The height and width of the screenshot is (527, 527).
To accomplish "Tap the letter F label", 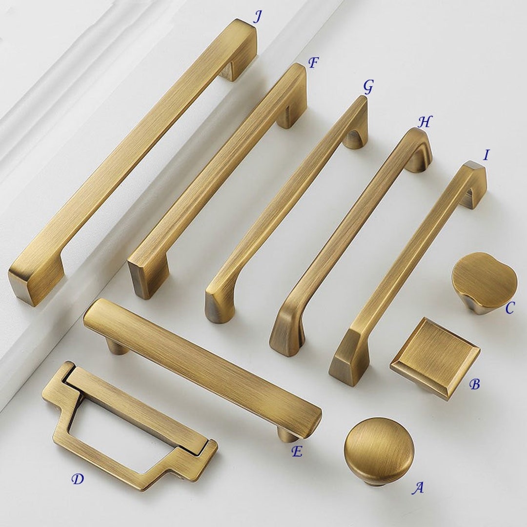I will click(313, 62).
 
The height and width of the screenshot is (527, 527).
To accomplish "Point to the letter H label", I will click(425, 122).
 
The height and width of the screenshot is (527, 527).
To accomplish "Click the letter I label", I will click(486, 155).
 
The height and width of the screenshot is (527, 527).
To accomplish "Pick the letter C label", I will click(509, 308).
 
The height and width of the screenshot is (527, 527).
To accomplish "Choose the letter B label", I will click(474, 384).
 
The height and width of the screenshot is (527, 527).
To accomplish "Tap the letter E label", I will click(297, 451).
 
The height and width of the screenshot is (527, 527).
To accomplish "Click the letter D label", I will click(78, 479).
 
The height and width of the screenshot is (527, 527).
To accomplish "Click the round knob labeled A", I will click(379, 450).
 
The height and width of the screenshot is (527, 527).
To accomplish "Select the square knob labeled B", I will click(435, 358).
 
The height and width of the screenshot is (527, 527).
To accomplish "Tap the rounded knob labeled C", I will click(484, 281).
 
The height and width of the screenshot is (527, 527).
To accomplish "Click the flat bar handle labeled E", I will click(202, 366).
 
